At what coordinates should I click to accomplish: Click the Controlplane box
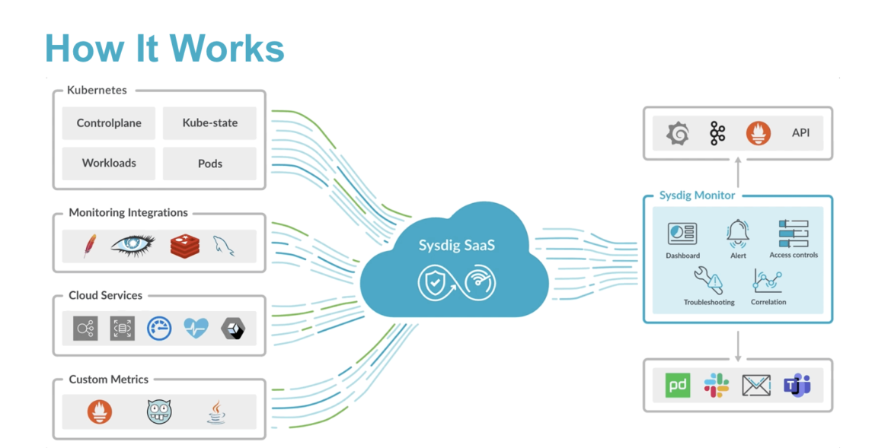109,123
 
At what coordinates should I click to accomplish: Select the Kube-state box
209,123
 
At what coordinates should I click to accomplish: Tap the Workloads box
109,164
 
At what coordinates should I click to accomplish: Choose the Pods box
209,164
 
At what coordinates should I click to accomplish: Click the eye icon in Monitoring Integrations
133,245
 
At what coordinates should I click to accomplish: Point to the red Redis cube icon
185,246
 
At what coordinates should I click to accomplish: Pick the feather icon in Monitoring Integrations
90,246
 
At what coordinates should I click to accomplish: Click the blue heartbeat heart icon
196,328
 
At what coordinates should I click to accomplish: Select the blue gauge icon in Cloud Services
159,328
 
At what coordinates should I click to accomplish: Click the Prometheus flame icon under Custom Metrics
100,411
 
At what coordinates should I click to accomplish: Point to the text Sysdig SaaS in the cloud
457,246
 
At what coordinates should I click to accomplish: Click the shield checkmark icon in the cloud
436,282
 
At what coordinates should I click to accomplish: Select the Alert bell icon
738,234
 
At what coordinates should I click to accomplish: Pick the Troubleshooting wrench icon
708,281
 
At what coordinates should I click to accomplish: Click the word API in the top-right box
800,133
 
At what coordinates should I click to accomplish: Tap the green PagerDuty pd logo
677,385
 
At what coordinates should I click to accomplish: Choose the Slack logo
717,385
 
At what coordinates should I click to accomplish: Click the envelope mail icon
756,386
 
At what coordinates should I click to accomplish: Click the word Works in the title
227,48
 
